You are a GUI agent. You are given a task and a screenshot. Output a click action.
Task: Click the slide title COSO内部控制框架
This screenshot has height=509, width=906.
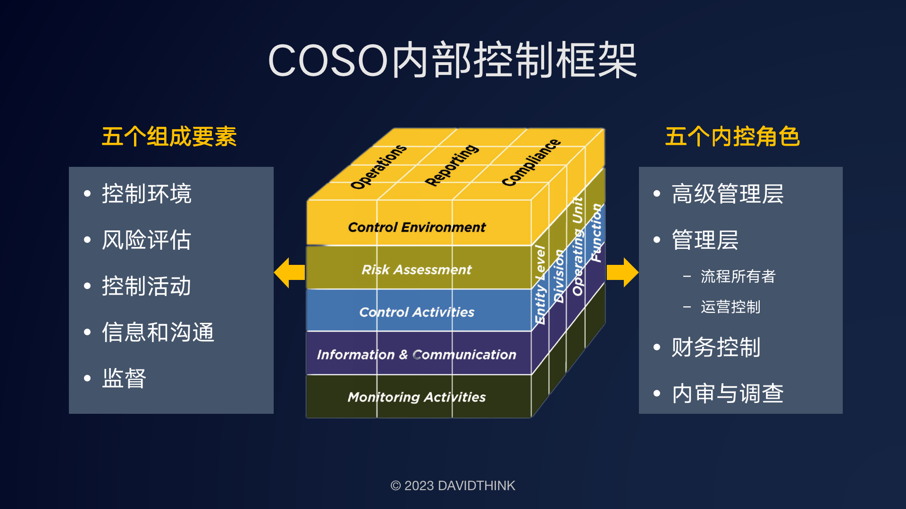pyautogui.click(x=452, y=60)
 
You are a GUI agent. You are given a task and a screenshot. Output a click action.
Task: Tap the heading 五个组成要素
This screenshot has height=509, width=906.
pyautogui.click(x=169, y=137)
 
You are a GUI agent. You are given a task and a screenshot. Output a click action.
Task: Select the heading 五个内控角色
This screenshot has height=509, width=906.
pyautogui.click(x=732, y=137)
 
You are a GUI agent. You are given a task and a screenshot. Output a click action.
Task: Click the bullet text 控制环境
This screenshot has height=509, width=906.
pyautogui.click(x=146, y=194)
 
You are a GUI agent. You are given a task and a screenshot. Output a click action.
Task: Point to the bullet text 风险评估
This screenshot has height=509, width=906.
pyautogui.click(x=146, y=240)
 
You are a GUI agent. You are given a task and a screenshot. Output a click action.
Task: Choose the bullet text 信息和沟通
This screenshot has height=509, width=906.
pyautogui.click(x=158, y=332)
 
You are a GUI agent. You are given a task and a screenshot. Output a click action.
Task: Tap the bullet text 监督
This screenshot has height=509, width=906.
pyautogui.click(x=124, y=378)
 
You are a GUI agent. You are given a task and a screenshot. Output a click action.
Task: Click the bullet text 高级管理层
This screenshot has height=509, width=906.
pyautogui.click(x=727, y=194)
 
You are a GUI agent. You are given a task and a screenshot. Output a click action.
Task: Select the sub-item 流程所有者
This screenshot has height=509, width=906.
pyautogui.click(x=738, y=276)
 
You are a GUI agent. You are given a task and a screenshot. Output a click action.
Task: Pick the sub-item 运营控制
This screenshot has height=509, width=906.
pyautogui.click(x=730, y=307)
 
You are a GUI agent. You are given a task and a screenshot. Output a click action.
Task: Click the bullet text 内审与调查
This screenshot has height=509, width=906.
pyautogui.click(x=727, y=394)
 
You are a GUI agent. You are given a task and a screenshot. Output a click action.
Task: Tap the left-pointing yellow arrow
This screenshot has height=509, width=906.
pyautogui.click(x=289, y=272)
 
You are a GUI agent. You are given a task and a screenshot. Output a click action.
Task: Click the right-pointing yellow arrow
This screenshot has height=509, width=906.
pyautogui.click(x=622, y=272)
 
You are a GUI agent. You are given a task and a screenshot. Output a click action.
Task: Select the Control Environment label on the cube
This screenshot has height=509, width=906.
pyautogui.click(x=416, y=227)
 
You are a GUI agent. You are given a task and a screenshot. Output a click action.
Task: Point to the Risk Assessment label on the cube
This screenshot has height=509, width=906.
pyautogui.click(x=416, y=270)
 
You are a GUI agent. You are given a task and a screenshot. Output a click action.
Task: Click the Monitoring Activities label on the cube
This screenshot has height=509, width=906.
pyautogui.click(x=416, y=397)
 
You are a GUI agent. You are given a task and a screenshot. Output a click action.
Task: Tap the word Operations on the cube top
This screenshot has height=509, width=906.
pyautogui.click(x=378, y=167)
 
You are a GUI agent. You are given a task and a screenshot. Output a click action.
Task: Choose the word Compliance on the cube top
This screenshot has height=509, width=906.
pyautogui.click(x=531, y=163)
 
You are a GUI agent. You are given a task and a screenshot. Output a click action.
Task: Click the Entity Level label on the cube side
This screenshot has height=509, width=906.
pyautogui.click(x=540, y=285)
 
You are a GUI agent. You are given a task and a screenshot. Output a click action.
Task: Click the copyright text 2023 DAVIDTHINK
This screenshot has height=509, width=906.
pyautogui.click(x=453, y=485)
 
